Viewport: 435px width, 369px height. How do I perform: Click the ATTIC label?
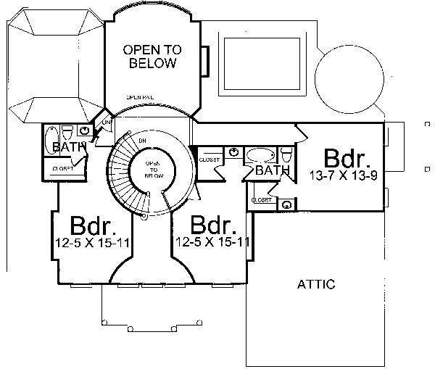(x=316, y=284)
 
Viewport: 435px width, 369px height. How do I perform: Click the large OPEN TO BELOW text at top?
(x=152, y=57)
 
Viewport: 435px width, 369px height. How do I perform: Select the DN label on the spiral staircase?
(x=142, y=139)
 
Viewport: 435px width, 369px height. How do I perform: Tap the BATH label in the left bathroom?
(x=69, y=148)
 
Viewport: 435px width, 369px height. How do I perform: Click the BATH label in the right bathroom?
(x=273, y=171)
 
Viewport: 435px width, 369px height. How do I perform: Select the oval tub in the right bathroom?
(x=259, y=155)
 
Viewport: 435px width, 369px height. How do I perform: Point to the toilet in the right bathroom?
(x=286, y=155)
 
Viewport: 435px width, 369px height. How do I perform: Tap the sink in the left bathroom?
(x=86, y=130)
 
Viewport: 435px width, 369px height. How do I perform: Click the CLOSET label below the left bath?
(x=62, y=168)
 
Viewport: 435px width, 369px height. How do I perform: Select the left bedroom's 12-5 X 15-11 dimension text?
(x=91, y=242)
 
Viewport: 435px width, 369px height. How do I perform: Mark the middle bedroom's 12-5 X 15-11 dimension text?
(x=212, y=242)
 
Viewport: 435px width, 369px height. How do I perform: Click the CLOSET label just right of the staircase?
(x=210, y=159)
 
